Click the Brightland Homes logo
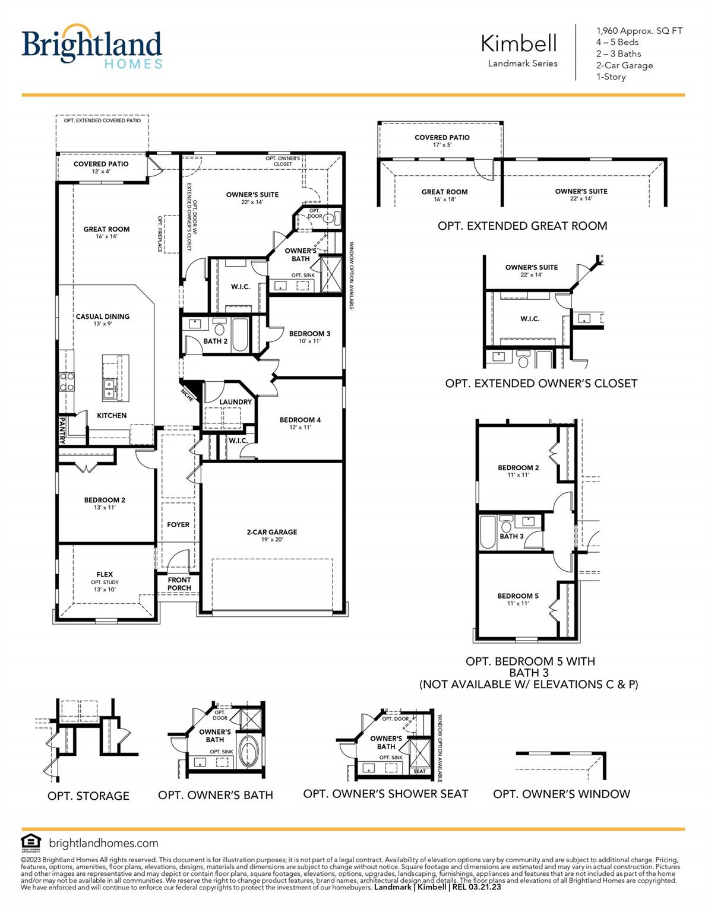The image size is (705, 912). (x=91, y=47)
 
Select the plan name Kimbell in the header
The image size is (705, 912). (x=519, y=43)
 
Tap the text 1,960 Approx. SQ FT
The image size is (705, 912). (x=639, y=31)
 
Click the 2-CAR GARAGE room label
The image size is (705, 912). (x=272, y=533)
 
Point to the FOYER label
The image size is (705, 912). (x=178, y=525)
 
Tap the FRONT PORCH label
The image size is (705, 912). (x=179, y=584)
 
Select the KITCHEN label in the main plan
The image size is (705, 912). (x=112, y=416)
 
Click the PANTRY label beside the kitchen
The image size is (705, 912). (x=62, y=430)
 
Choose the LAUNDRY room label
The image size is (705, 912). (x=235, y=402)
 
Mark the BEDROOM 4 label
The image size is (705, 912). (x=300, y=420)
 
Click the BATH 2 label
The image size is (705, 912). (x=216, y=341)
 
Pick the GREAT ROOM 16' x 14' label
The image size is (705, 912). (x=106, y=232)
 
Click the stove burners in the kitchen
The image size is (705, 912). (x=67, y=382)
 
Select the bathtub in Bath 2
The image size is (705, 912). (x=239, y=335)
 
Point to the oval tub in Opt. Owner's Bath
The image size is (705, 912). (x=248, y=753)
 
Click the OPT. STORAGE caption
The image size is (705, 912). (x=88, y=796)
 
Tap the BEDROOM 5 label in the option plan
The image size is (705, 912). (x=518, y=596)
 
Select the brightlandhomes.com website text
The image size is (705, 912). (x=104, y=843)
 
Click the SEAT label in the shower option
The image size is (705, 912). (x=419, y=771)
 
